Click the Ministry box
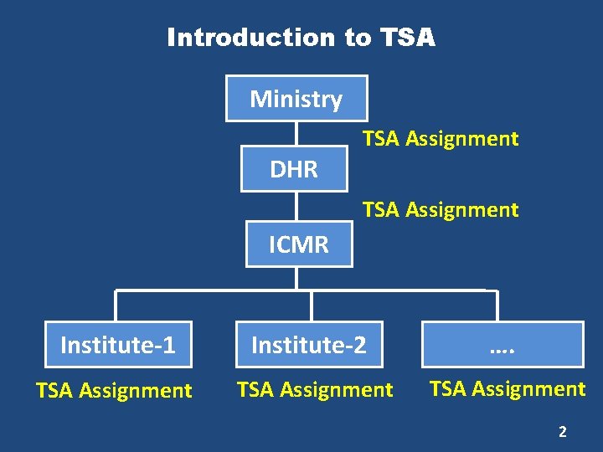click(x=296, y=99)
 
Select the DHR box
click(x=294, y=169)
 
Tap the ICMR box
click(x=299, y=244)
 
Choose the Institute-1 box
click(x=118, y=344)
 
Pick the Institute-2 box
click(x=309, y=344)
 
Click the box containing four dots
click(x=502, y=344)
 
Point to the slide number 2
click(x=563, y=432)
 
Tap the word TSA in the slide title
click(x=408, y=38)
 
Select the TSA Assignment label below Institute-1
click(x=114, y=390)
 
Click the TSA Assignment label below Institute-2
click(x=315, y=389)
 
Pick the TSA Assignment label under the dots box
click(x=508, y=388)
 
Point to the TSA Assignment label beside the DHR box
click(x=441, y=139)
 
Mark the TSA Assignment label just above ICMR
click(x=441, y=209)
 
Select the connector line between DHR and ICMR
click(x=296, y=207)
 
